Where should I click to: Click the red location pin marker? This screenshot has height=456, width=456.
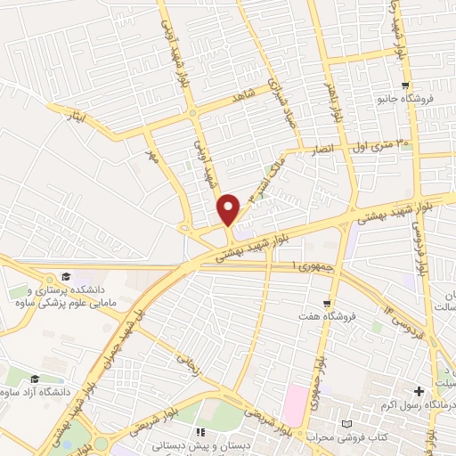tap(229, 209)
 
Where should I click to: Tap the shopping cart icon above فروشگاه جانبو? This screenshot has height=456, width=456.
tap(404, 86)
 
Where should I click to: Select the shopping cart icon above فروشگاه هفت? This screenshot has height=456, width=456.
tap(328, 304)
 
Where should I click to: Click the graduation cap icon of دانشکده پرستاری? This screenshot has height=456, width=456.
tap(64, 276)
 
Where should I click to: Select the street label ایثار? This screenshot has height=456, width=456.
tap(80, 117)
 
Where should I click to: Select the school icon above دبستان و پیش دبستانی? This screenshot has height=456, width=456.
tap(187, 431)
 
